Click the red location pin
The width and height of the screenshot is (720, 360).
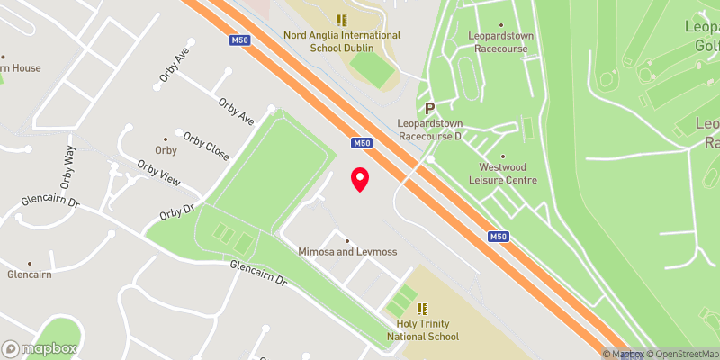click(360, 179)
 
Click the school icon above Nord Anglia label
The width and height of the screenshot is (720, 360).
click(341, 20)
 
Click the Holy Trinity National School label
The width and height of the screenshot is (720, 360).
click(422, 330)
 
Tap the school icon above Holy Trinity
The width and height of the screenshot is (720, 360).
click(422, 309)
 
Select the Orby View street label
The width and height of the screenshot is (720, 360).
click(157, 173)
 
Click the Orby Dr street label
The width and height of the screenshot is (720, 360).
click(176, 211)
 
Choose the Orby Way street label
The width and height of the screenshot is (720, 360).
click(67, 166)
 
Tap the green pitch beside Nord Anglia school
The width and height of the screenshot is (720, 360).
click(367, 67)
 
